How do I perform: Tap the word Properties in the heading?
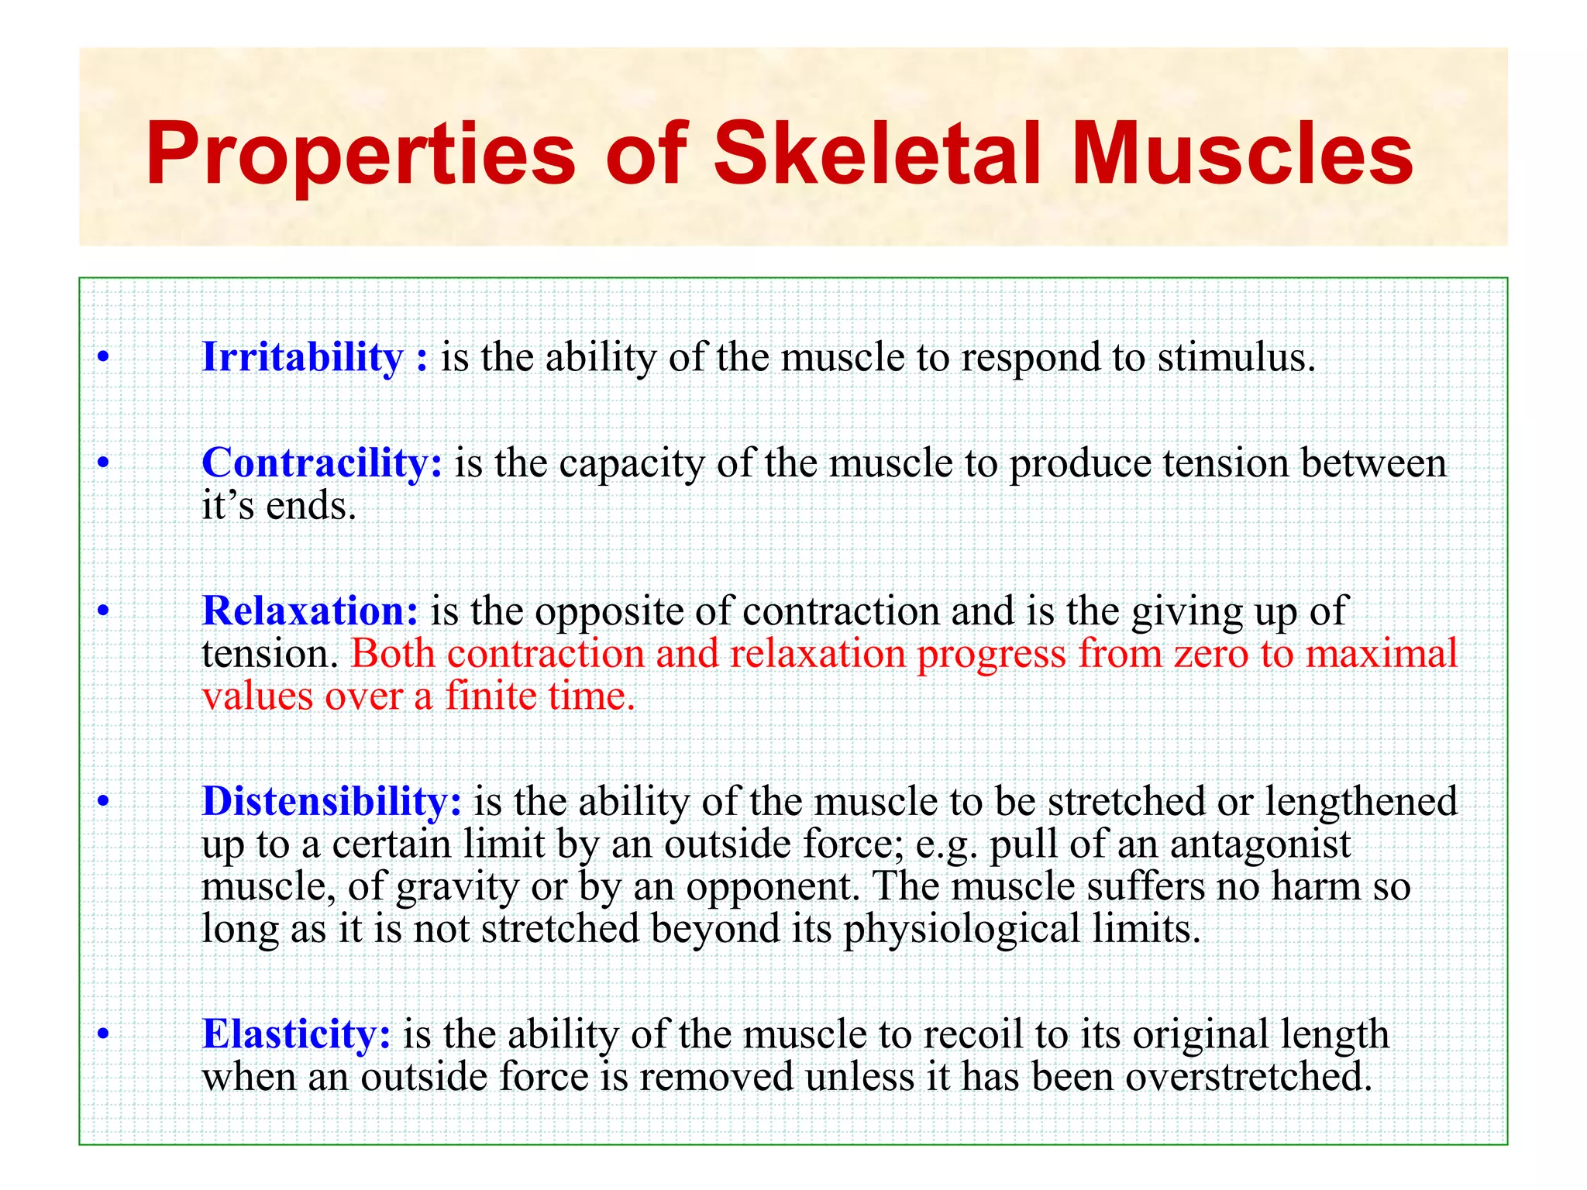360,155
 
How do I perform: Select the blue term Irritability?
302,357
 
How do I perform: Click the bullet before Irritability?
103,359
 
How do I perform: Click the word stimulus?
1237,358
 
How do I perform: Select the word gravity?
457,888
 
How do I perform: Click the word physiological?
962,930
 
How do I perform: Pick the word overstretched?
1248,1077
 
